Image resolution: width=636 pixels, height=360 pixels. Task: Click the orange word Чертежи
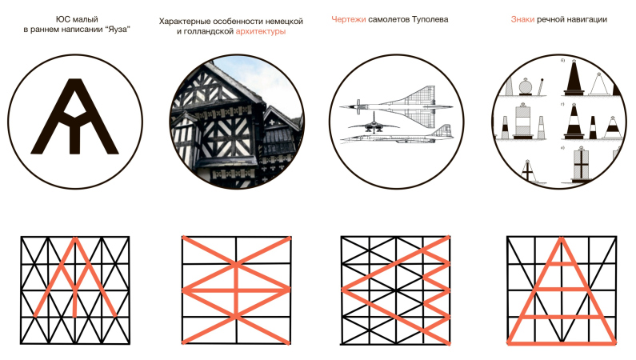[349, 19]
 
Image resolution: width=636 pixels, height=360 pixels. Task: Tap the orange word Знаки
[522, 19]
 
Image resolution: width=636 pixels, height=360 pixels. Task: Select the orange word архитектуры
[261, 32]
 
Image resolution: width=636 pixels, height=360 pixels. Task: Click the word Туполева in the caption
[430, 19]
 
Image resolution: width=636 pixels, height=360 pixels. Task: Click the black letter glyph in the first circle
[75, 117]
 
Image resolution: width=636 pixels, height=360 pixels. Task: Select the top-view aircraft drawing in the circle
[397, 102]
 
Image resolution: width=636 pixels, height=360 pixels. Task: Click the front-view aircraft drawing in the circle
[374, 124]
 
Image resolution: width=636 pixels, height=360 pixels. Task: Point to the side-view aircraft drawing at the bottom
[397, 134]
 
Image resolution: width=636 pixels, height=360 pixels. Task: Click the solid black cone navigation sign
[574, 78]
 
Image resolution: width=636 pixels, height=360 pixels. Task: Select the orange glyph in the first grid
[75, 278]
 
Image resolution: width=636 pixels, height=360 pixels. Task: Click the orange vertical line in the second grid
[237, 290]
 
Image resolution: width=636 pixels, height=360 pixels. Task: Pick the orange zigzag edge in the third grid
[436, 290]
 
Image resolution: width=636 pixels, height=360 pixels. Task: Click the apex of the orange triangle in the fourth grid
[562, 238]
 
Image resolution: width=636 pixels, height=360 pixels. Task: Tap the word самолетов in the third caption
[389, 19]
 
